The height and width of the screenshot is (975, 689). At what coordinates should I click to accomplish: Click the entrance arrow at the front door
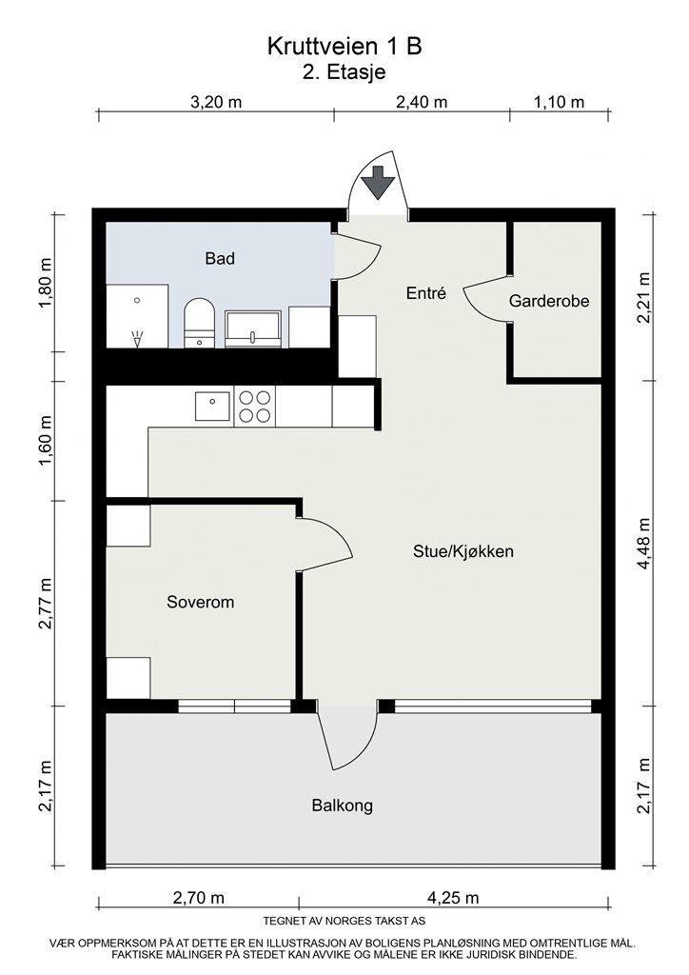click(x=378, y=182)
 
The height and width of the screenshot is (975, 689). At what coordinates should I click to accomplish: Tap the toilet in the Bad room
click(x=200, y=322)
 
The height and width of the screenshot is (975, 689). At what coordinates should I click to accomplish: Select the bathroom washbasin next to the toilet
click(x=253, y=328)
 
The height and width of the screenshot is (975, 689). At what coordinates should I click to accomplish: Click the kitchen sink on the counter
click(x=212, y=406)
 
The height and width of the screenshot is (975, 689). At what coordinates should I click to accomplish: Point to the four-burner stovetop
click(x=255, y=407)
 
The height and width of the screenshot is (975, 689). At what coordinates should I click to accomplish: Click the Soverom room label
click(x=200, y=602)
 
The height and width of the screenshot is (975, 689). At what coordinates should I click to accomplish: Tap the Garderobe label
click(x=548, y=301)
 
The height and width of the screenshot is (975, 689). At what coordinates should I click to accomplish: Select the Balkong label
click(x=343, y=806)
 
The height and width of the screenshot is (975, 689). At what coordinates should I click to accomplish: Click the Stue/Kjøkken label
click(x=463, y=551)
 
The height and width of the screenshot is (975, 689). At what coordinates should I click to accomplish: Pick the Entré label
click(x=426, y=293)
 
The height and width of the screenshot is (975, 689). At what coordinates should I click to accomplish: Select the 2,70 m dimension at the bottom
click(x=199, y=898)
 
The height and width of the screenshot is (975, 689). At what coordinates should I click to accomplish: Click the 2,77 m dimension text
click(x=46, y=603)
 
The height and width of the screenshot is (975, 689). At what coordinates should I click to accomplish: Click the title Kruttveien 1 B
click(x=344, y=47)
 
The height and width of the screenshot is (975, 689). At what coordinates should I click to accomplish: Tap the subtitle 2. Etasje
click(x=344, y=72)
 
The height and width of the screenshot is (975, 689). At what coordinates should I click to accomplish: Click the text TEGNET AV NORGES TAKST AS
click(x=344, y=921)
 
